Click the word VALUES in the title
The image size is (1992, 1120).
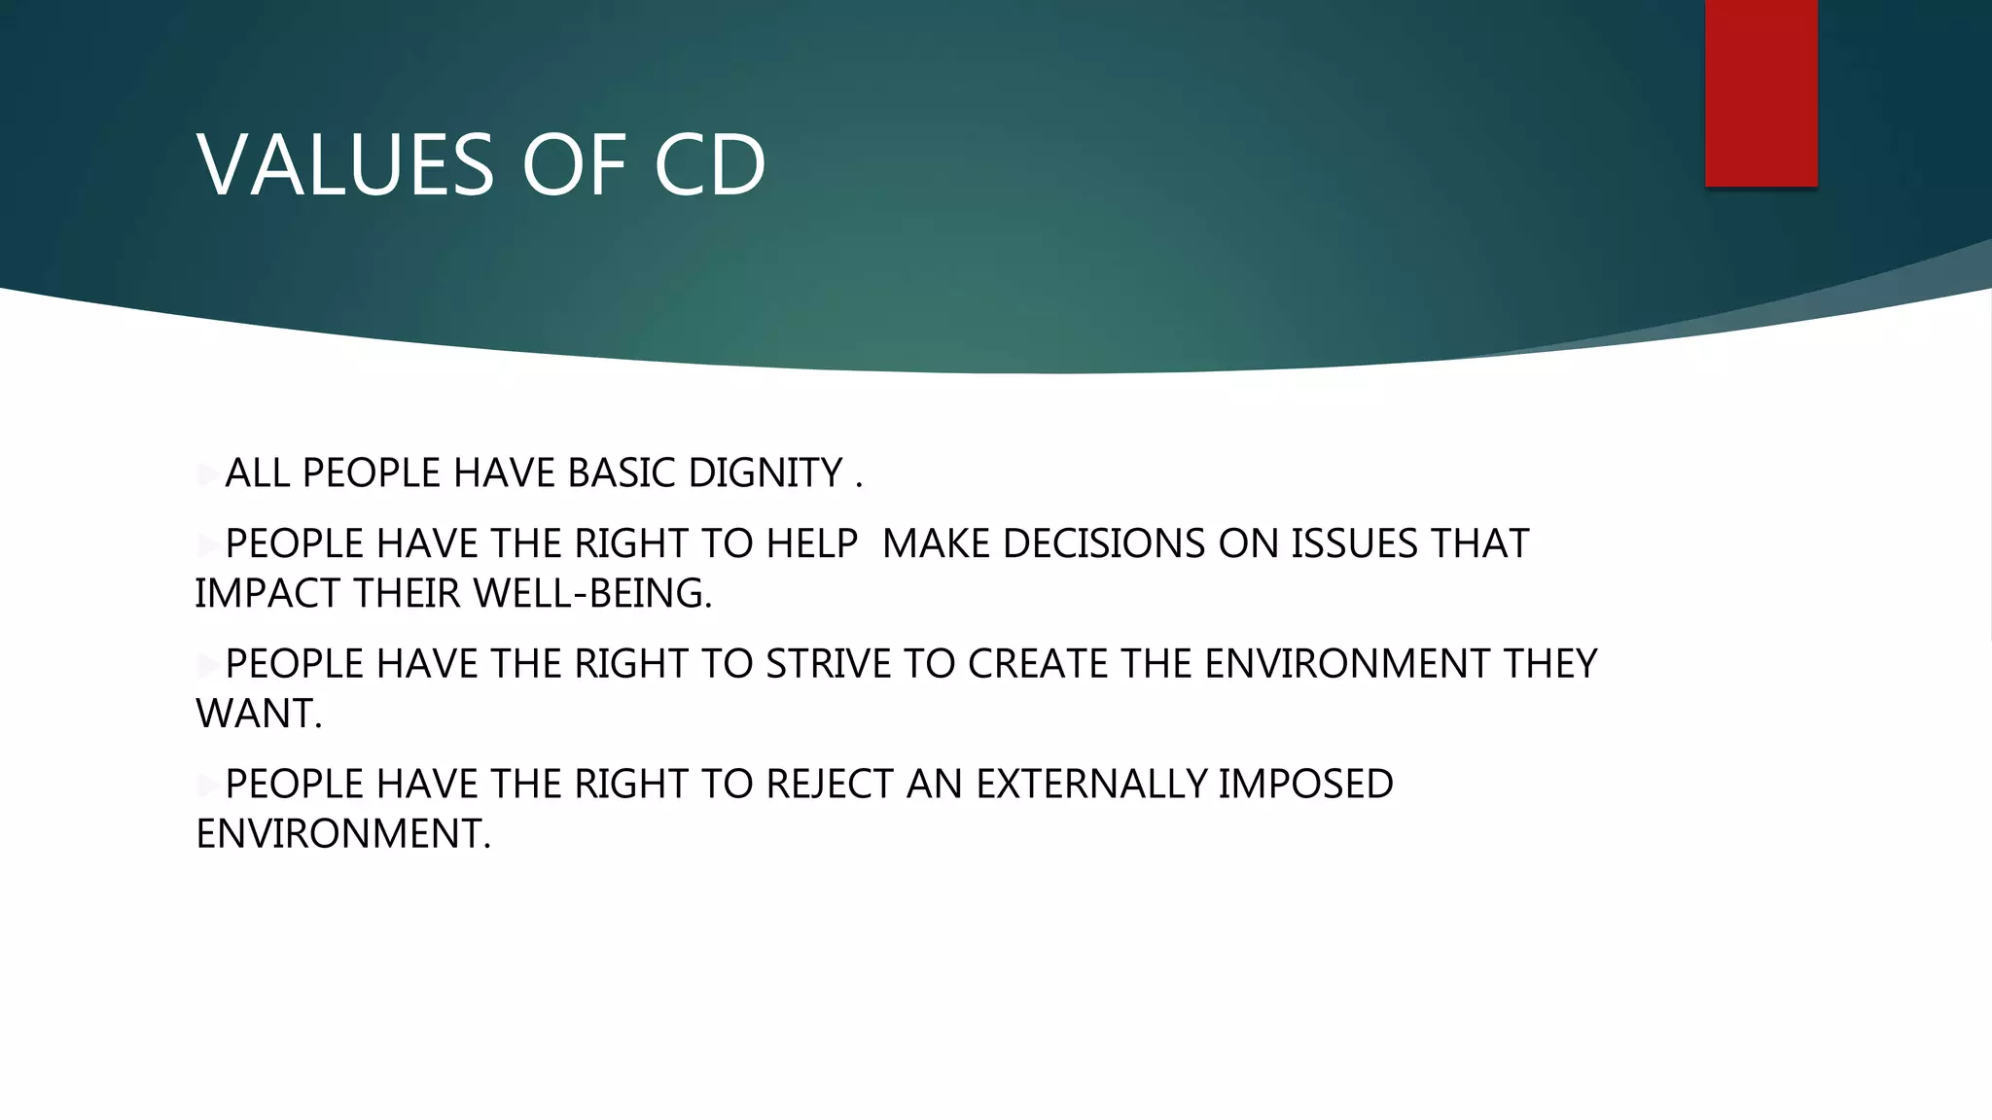pos(345,165)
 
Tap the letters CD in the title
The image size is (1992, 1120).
pos(710,165)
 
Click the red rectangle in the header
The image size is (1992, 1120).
pos(1761,92)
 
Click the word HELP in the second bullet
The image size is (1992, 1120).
pos(812,544)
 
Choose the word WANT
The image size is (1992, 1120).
pos(258,715)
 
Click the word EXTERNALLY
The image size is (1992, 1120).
pos(1091,785)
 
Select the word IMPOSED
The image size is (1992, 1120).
pos(1305,785)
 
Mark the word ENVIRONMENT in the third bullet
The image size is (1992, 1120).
pos(1347,665)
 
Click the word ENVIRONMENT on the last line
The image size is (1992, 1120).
pos(342,834)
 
